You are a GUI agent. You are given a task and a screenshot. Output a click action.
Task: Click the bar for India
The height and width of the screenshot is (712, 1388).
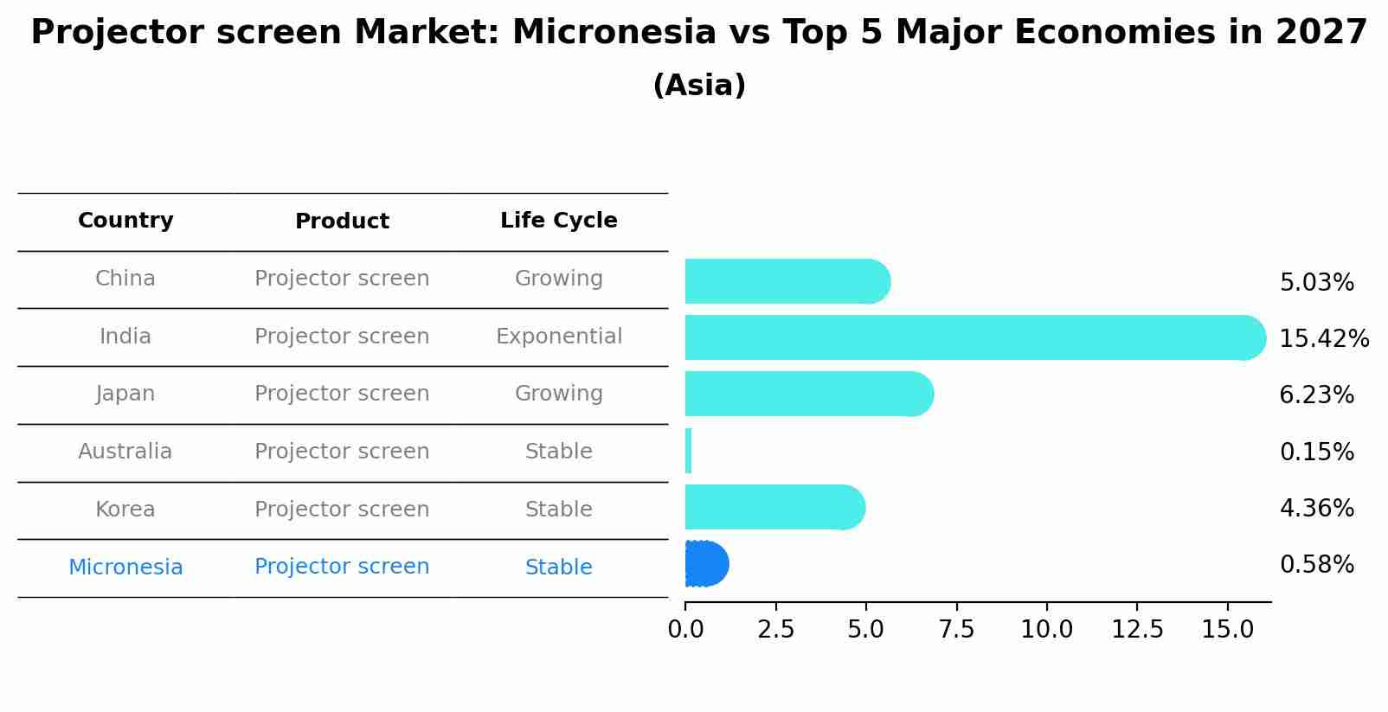pos(975,337)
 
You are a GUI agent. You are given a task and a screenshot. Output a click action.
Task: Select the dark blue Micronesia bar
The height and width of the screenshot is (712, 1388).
pos(707,564)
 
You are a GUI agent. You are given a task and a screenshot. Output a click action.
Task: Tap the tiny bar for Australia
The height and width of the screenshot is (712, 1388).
pos(689,451)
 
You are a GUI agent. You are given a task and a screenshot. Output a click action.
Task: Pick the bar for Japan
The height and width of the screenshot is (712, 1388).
pos(809,394)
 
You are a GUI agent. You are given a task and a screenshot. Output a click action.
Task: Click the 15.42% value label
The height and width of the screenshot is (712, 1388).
pos(1324,338)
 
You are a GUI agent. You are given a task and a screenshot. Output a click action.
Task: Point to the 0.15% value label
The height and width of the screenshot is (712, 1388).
pos(1317,452)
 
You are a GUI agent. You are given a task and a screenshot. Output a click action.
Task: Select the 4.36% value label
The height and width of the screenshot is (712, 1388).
pos(1317,508)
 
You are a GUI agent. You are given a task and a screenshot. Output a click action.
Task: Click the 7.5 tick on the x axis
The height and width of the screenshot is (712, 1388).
pos(956,630)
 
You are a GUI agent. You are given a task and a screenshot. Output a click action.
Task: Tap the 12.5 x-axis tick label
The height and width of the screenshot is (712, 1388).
pos(1137,630)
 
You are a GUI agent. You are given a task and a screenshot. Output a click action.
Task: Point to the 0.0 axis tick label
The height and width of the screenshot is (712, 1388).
pos(685,630)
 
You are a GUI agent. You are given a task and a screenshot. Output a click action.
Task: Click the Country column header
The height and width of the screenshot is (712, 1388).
pos(125,221)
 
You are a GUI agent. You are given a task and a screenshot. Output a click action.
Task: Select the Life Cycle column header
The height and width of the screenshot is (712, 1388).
pos(559,221)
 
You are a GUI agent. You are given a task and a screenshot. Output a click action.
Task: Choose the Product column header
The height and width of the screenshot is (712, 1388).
pos(342,221)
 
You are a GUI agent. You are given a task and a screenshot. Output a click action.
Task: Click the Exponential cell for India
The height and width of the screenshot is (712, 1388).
pos(559,337)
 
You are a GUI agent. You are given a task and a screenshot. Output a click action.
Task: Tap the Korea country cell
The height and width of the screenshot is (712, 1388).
pos(125,510)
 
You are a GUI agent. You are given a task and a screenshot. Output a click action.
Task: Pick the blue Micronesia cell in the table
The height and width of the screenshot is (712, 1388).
pos(125,567)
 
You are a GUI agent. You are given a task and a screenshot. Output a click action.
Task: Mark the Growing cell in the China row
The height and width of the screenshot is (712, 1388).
pos(559,279)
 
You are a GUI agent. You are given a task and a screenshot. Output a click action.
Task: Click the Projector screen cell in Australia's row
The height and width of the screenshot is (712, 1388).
pos(342,452)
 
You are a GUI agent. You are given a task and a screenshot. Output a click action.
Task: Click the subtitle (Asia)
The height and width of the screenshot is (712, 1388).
pos(699,86)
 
